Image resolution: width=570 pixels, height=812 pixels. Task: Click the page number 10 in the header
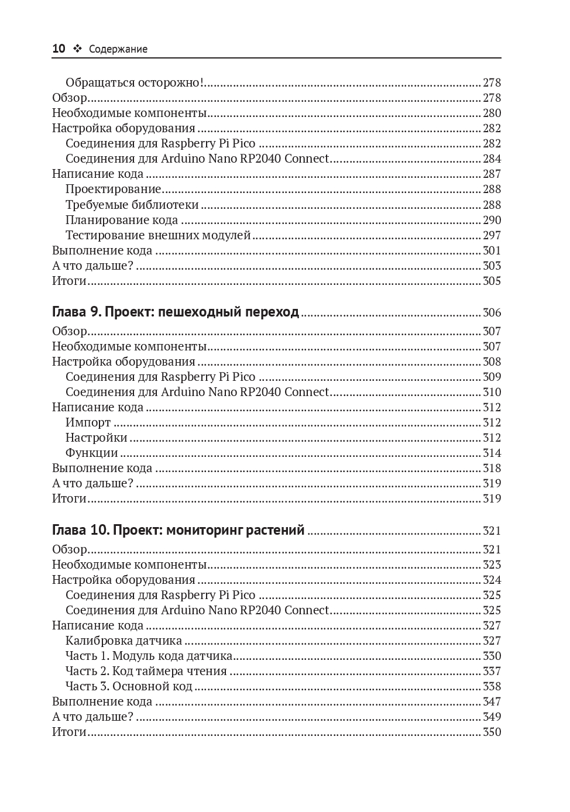point(59,49)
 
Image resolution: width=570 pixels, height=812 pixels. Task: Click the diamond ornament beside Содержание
point(77,49)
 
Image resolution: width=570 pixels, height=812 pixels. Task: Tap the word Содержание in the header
point(118,49)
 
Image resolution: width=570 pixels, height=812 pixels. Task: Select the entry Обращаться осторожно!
point(135,82)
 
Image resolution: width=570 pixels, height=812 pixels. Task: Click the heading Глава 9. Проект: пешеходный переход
point(176,312)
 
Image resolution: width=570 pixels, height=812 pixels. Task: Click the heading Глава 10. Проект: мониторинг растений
point(178,530)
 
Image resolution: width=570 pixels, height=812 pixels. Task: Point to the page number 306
point(492,313)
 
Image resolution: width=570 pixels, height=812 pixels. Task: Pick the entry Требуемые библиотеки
point(132,205)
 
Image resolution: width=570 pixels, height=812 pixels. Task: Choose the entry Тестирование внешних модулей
point(158,235)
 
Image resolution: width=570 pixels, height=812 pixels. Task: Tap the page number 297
point(492,235)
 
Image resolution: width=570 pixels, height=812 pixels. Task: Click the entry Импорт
point(88,422)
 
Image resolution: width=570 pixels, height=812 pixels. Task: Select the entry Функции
point(92,453)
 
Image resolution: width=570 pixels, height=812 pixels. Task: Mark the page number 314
point(492,453)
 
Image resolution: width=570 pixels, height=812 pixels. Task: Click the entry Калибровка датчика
point(123,641)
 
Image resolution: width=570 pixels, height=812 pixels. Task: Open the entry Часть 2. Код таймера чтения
point(146,671)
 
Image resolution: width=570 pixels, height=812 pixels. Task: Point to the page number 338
point(492,686)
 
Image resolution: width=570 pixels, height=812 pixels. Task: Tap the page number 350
point(492,732)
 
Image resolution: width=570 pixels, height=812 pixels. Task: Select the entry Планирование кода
point(122,220)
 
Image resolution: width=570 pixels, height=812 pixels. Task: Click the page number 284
point(492,159)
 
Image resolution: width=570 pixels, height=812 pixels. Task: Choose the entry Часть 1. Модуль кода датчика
point(149,656)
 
